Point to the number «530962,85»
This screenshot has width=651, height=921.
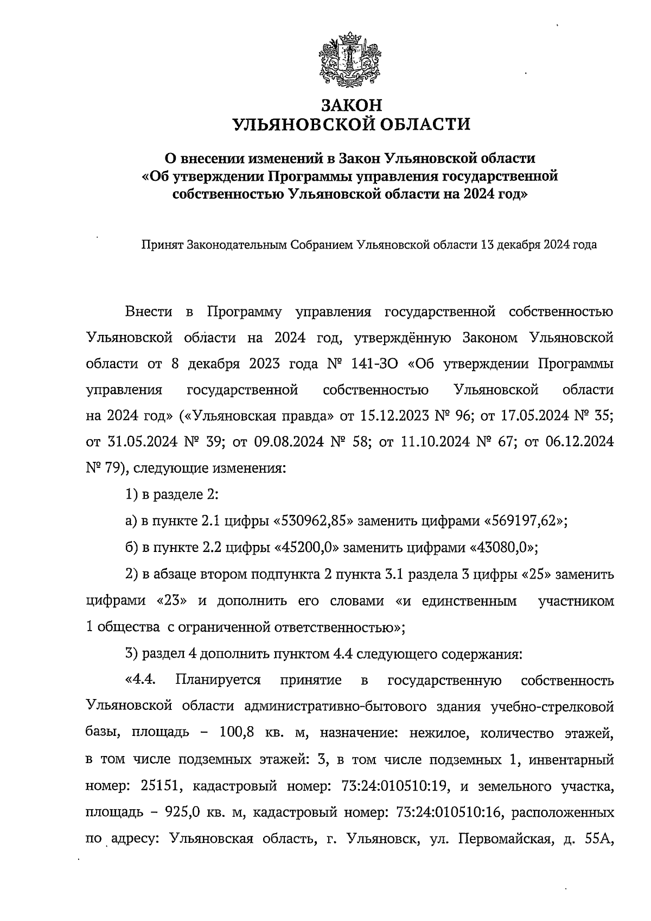point(312,522)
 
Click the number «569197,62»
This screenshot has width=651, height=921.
point(522,522)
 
